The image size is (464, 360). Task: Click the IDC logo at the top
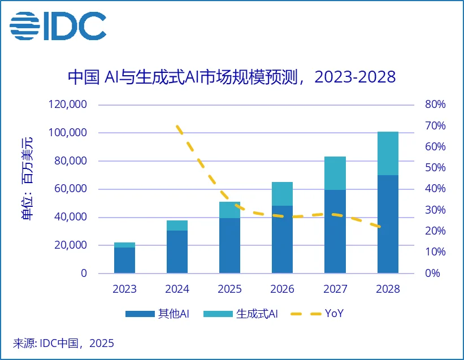pos(58,25)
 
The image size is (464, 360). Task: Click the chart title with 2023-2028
pos(232,77)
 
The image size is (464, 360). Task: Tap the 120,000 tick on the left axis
pos(70,105)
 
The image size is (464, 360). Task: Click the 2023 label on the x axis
pos(124,289)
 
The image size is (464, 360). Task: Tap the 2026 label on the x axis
pos(282,289)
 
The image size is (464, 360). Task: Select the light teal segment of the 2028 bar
pos(388,153)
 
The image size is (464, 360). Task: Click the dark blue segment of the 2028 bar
pos(388,224)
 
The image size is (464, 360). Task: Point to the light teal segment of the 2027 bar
pos(335,173)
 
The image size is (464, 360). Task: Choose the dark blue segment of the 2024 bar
pos(177,252)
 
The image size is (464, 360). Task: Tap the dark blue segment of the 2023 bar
pos(124,261)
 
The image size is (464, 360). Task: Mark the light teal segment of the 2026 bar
pos(282,194)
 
